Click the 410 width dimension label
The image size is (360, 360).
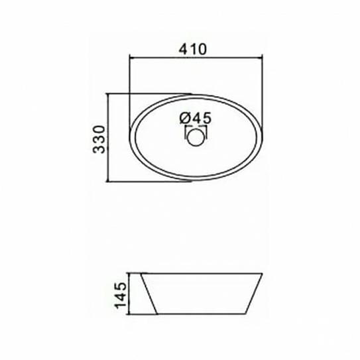point(193,49)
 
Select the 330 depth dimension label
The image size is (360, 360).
point(99,139)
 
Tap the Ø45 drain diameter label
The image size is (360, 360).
point(196,119)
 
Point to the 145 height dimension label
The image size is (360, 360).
point(121,296)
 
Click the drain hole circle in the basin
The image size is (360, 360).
point(196,137)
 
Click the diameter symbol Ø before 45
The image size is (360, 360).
point(185,119)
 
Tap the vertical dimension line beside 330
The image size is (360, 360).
point(108,137)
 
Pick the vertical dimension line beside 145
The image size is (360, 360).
point(129,294)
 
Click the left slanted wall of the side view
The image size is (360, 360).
point(149,294)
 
